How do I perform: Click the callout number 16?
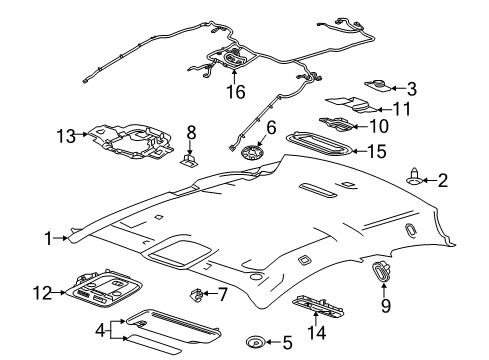(x=236, y=91)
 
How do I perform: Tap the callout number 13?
(x=66, y=136)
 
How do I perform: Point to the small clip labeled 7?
(x=196, y=294)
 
